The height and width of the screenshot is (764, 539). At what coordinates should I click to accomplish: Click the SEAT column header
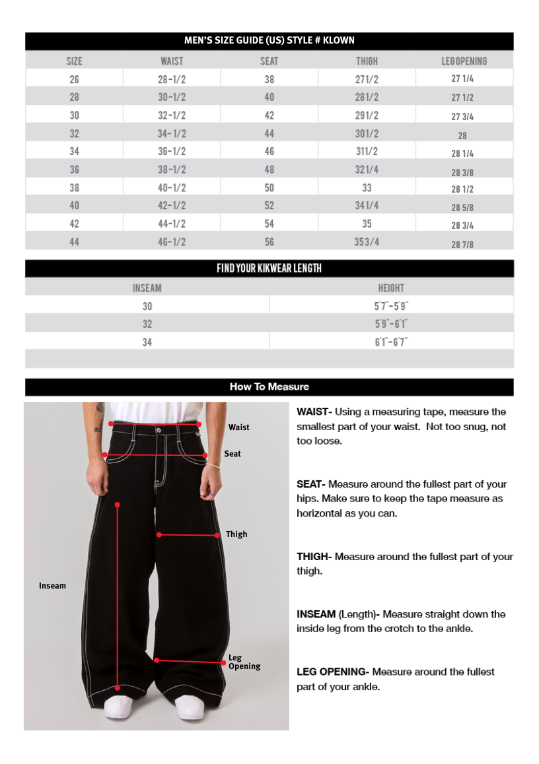click(269, 61)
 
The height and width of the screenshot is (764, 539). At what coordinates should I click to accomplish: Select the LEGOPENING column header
click(464, 61)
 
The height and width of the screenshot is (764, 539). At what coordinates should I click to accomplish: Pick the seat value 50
click(269, 188)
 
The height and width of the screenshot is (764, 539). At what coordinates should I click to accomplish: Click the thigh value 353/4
click(367, 242)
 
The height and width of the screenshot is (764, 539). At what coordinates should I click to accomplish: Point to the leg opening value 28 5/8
click(462, 208)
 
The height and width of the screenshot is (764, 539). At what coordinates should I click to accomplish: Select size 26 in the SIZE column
click(74, 79)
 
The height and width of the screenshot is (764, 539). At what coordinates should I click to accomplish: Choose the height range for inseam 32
click(391, 324)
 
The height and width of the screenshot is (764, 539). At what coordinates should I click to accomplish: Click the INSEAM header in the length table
click(147, 288)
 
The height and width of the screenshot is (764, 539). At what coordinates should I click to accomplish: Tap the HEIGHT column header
click(391, 288)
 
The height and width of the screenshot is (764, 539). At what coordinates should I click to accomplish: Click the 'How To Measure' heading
click(269, 387)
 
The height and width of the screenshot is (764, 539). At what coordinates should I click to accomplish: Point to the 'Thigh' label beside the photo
click(236, 534)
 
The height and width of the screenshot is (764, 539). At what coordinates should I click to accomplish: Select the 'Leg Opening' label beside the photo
click(244, 662)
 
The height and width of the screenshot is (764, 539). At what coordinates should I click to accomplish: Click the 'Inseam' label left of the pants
click(52, 586)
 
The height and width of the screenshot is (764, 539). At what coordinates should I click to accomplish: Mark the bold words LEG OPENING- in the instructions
click(332, 672)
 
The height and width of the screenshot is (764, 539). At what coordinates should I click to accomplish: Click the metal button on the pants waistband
click(158, 430)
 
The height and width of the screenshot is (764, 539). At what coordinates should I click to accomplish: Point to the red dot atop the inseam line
click(117, 505)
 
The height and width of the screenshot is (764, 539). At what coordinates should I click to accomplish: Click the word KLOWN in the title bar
click(339, 41)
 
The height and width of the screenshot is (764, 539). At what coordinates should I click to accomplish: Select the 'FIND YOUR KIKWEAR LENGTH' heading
click(269, 269)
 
